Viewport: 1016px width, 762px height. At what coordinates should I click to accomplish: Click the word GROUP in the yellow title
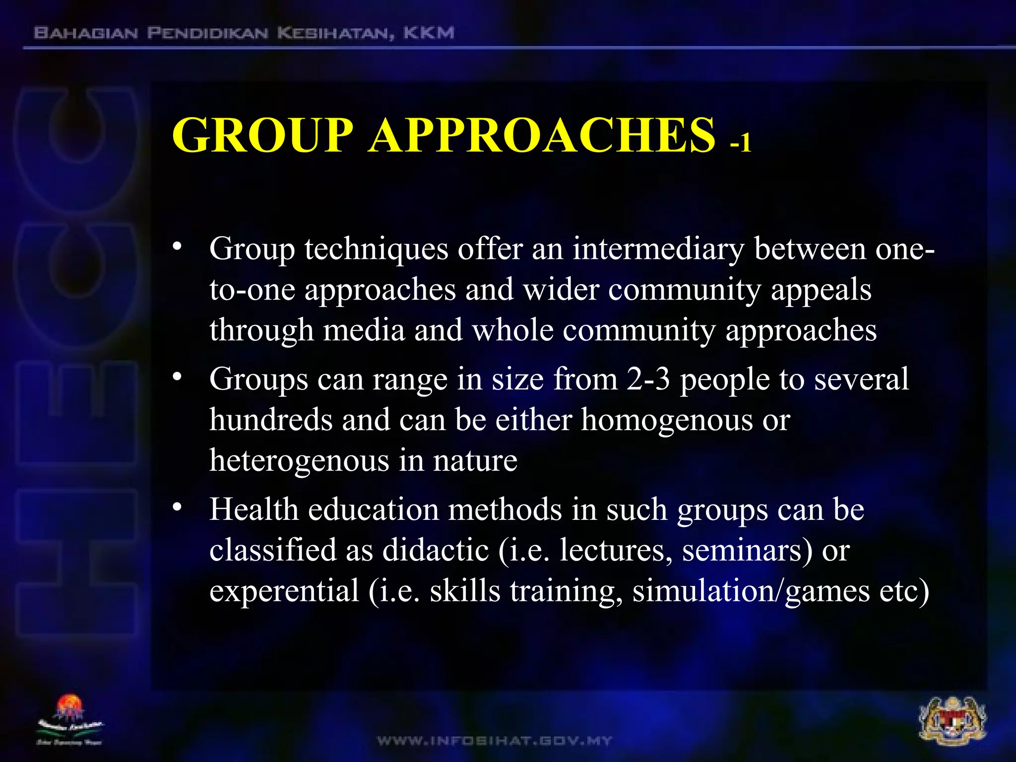(262, 135)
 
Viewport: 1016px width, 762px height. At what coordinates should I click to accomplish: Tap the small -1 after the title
(741, 143)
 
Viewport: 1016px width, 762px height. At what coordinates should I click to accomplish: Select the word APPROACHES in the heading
(542, 135)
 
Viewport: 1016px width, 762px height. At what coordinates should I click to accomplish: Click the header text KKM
(429, 33)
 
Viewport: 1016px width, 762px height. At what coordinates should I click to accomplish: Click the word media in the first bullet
(364, 330)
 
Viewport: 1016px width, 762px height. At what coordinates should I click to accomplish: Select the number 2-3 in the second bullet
(648, 379)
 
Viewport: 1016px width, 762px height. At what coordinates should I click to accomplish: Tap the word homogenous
(667, 420)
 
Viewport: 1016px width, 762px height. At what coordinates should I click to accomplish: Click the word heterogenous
(299, 461)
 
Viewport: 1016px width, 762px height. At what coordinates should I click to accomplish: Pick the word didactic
(435, 550)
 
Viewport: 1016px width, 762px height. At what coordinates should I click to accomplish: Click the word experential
(284, 591)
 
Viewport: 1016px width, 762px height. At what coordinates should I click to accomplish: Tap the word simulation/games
(751, 591)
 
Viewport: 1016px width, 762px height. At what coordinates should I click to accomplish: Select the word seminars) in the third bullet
(747, 550)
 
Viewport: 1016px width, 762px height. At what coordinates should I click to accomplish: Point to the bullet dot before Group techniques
(177, 247)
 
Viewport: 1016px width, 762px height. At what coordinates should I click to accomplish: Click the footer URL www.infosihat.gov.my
(495, 741)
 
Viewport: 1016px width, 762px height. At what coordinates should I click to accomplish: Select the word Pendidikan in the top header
(208, 33)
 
